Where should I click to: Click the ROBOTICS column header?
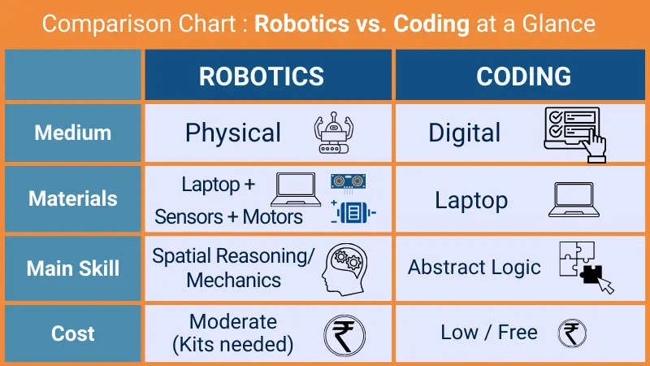261,76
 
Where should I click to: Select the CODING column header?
523,76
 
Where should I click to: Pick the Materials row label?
72,198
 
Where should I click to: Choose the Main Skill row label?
72,268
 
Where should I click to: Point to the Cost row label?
72,333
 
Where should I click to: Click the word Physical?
232,133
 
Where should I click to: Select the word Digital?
465,133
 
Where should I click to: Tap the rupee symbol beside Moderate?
344,335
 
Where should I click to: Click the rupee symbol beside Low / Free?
572,333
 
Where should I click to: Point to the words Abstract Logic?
474,268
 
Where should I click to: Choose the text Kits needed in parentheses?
232,344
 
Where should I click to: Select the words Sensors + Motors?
228,216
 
